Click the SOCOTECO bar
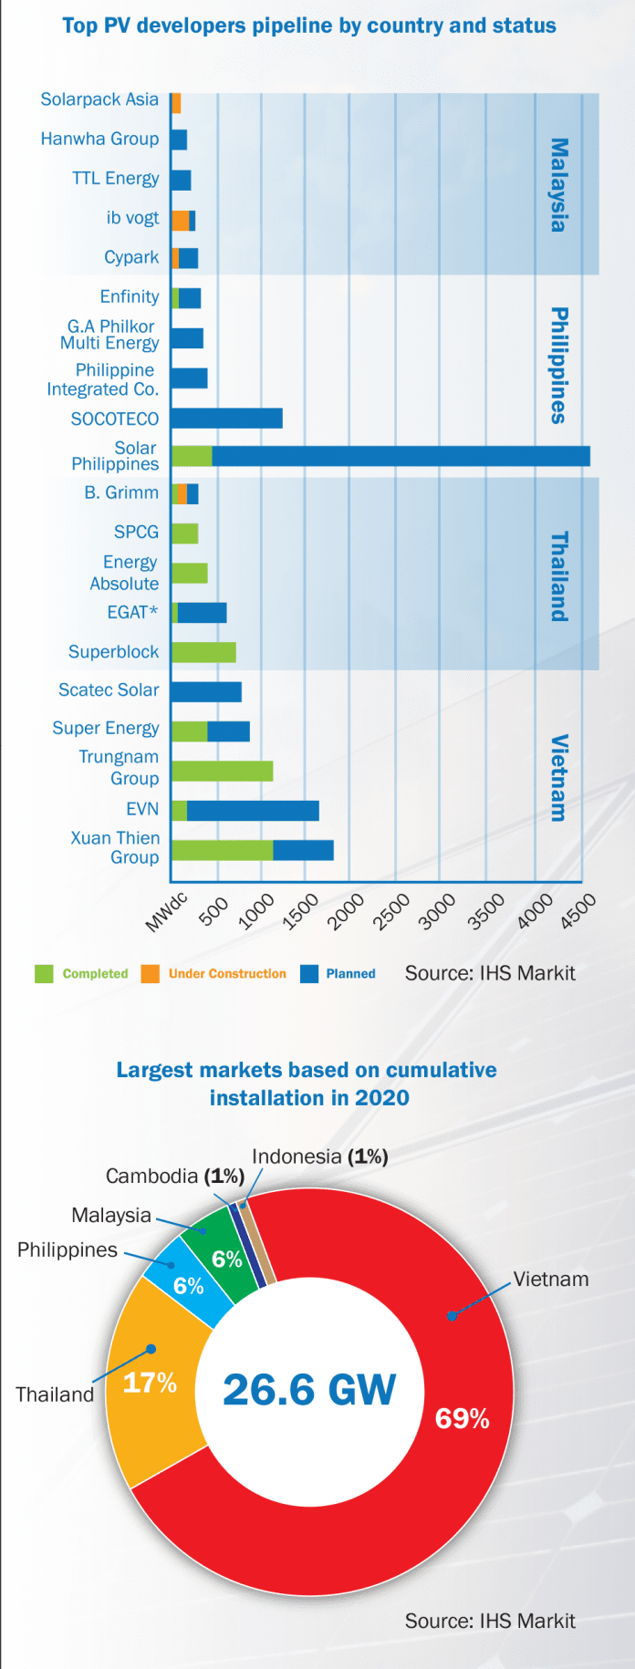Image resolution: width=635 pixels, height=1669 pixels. (x=226, y=418)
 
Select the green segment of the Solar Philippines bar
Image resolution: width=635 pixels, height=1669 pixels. (x=192, y=456)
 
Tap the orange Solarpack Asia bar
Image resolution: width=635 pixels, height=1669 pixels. (x=176, y=103)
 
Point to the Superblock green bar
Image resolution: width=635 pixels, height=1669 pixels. (x=203, y=652)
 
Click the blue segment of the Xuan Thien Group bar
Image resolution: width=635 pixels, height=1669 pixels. (x=303, y=850)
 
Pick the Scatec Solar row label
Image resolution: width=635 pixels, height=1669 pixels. (x=109, y=690)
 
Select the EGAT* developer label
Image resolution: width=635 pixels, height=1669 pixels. (x=132, y=612)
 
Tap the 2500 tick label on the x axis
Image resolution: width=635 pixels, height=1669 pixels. (x=392, y=912)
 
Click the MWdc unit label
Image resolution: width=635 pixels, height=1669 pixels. (x=166, y=912)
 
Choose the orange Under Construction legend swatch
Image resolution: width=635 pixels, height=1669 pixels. (x=151, y=974)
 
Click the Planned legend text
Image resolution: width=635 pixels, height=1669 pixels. (x=350, y=974)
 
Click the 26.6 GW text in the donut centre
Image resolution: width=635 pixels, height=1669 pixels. (x=309, y=1390)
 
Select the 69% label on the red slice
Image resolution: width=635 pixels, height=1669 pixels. (x=462, y=1418)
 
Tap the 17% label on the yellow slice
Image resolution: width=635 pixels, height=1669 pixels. (x=150, y=1383)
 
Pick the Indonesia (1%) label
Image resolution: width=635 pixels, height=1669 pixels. (x=319, y=1156)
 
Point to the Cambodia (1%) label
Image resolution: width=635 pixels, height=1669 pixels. (x=174, y=1177)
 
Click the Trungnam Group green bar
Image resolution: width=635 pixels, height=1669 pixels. (x=222, y=771)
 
